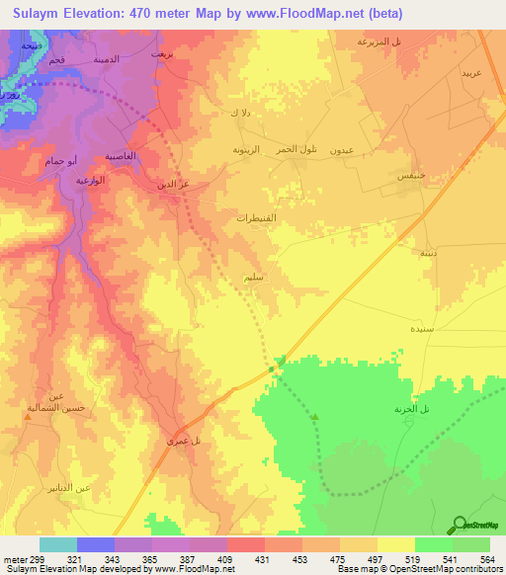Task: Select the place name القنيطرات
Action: [x=257, y=218]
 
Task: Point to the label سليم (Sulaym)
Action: [x=254, y=279]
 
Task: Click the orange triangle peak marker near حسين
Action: [x=28, y=416]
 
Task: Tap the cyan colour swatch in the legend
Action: [x=58, y=544]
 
